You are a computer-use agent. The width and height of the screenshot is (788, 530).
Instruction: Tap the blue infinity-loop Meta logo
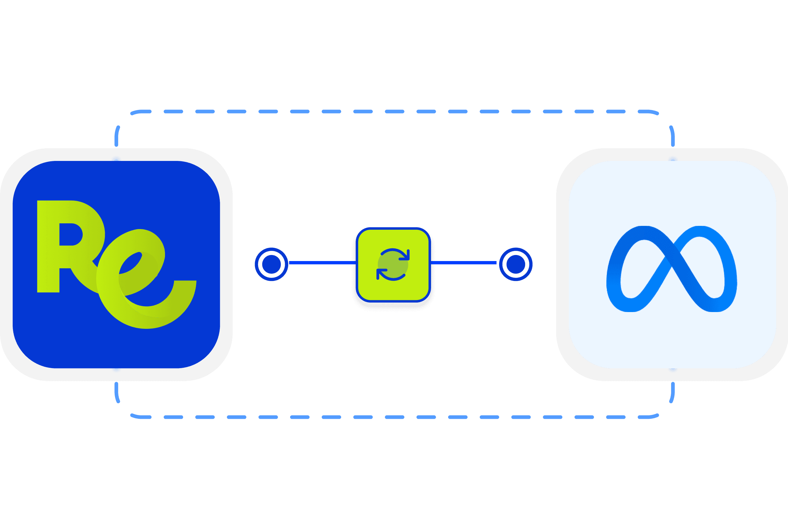672,268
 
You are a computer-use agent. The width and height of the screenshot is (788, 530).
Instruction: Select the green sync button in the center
393,265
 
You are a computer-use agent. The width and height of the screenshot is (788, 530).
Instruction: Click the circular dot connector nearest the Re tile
271,264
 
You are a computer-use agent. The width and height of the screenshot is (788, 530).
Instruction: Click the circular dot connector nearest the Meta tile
516,264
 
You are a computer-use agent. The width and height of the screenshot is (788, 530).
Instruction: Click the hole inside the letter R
70,234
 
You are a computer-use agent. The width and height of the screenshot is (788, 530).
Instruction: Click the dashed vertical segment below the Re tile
117,392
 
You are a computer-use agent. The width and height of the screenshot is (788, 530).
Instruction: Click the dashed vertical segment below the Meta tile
672,392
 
